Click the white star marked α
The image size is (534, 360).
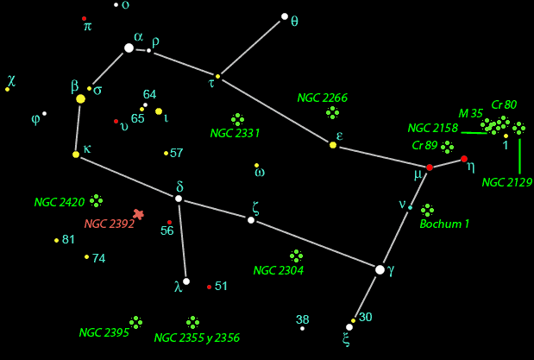point(129,47)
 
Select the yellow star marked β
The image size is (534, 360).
point(81,99)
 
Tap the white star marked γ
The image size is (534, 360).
point(380,269)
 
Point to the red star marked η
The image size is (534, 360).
point(464,159)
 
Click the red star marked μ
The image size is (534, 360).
point(430,167)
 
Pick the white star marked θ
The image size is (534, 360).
point(284,16)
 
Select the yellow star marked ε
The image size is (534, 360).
point(333,145)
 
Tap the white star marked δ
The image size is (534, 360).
point(179,199)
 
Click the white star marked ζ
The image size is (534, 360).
point(251,220)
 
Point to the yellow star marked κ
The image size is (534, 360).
point(76,155)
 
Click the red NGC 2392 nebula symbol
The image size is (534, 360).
point(138,213)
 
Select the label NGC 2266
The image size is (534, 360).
point(322,98)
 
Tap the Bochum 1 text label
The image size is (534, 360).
point(444,224)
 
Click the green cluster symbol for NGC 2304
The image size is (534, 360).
point(297,256)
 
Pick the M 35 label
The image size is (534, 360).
point(470,113)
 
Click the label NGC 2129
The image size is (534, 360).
point(507,182)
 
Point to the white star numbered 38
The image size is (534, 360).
point(302,328)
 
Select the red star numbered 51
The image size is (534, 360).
point(209,287)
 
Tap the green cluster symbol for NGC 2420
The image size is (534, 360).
point(96,200)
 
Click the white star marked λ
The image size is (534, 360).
point(186,281)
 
